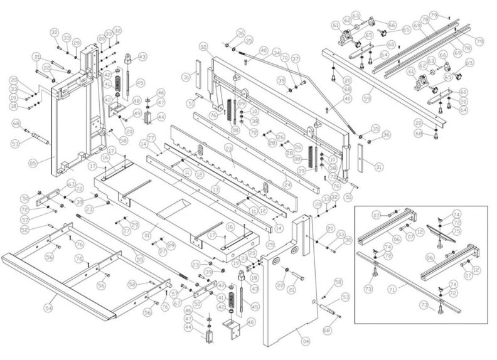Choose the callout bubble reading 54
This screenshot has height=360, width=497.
coord(48,308)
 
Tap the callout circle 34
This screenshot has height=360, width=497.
coord(277,55)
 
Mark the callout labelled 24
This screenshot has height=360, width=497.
coord(287,186)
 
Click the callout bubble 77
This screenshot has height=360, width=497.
coord(151,137)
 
